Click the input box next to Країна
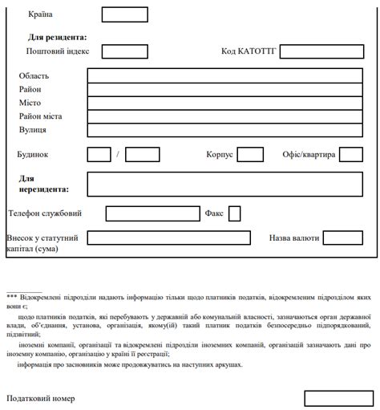point(124,14)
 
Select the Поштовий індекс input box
point(124,51)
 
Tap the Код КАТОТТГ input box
point(321,51)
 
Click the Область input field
point(224,75)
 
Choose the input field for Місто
point(224,103)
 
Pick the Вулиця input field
point(224,130)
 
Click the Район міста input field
point(224,116)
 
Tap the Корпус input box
point(250,154)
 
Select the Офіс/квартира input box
point(351,154)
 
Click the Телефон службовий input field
point(152,213)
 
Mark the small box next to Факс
point(235,213)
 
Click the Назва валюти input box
point(342,237)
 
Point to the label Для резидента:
point(57,37)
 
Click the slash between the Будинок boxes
point(117,154)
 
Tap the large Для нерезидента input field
point(224,184)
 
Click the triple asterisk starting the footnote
point(11,297)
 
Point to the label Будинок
point(33,154)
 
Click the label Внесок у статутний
point(42,238)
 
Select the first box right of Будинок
point(99,154)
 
